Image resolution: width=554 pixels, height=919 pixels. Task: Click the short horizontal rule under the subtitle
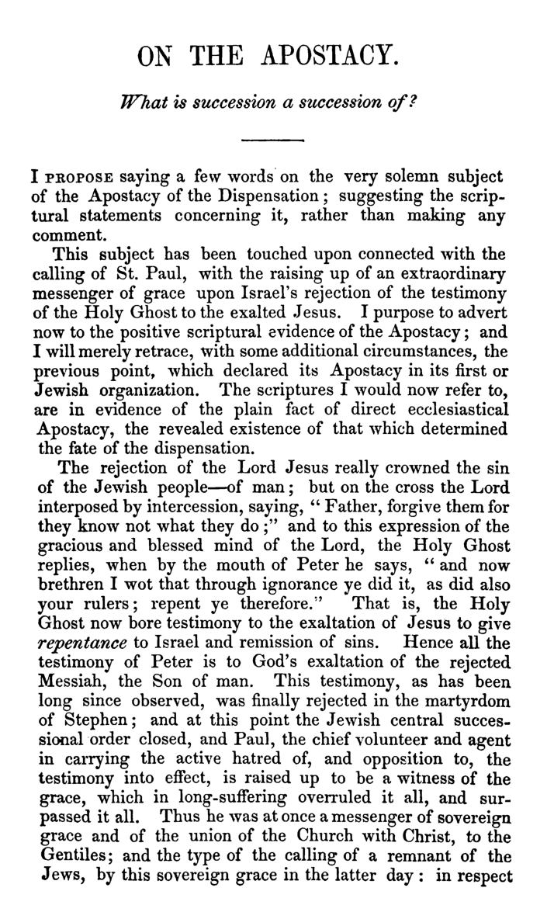[271, 141]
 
